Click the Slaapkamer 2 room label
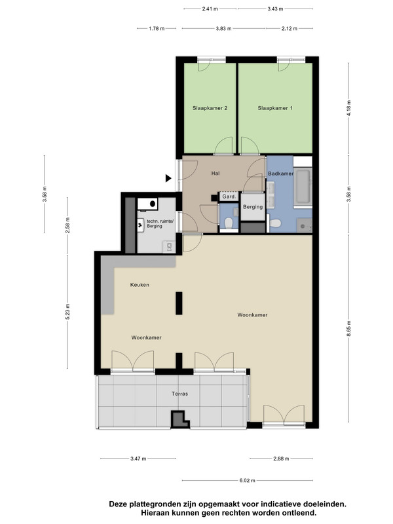point(210,108)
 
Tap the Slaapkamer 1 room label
point(275,108)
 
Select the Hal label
point(215,173)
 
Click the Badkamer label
point(281,174)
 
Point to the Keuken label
point(140,285)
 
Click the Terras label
point(179,394)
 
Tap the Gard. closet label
point(229,196)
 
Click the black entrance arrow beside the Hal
point(168,178)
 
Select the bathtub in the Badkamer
point(303,187)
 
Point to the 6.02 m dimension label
point(248,481)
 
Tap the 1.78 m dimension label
point(157,28)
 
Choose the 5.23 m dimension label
point(67,312)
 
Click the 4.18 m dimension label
point(349,108)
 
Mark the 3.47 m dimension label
point(138,458)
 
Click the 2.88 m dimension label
point(281,458)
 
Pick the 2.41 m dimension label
point(210,9)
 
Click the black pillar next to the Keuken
point(179,303)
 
